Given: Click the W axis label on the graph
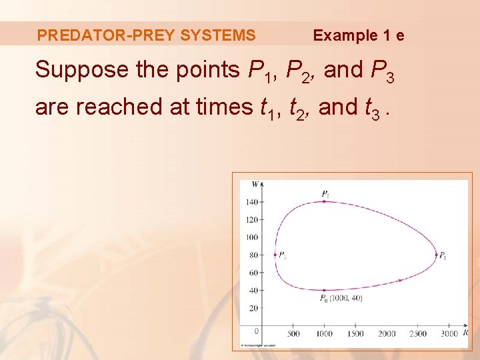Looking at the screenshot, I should pyautogui.click(x=255, y=184).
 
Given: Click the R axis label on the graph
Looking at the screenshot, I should pyautogui.click(x=465, y=332).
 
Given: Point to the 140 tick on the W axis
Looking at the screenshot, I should pyautogui.click(x=251, y=201).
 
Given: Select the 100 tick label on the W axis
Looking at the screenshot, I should pyautogui.click(x=251, y=237).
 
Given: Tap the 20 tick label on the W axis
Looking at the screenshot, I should pyautogui.click(x=253, y=308).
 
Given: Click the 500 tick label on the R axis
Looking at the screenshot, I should pyautogui.click(x=293, y=333).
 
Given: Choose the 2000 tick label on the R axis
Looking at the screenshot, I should pyautogui.click(x=387, y=333).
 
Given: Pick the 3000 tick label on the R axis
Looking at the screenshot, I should pyautogui.click(x=449, y=333).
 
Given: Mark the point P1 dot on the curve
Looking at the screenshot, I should pyautogui.click(x=437, y=255).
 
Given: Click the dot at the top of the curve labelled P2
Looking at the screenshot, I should pyautogui.click(x=324, y=201).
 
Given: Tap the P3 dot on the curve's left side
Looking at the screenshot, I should pyautogui.click(x=275, y=254).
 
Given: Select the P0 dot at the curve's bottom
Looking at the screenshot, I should pyautogui.click(x=324, y=290).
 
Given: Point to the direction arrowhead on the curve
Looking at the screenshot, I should pyautogui.click(x=400, y=280).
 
